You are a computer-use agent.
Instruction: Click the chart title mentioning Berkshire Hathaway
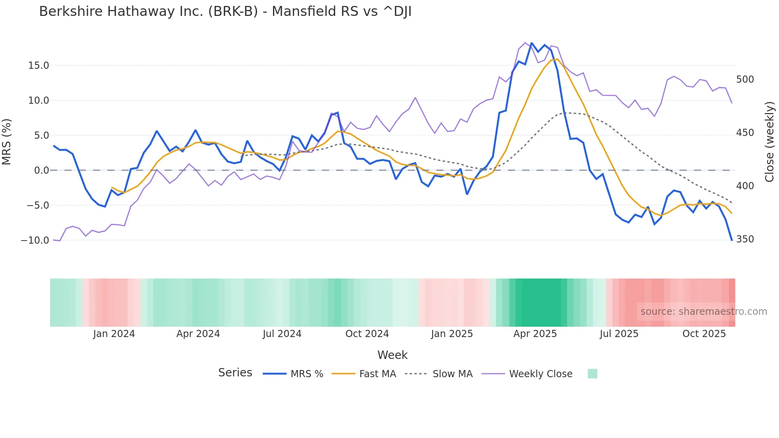(225, 12)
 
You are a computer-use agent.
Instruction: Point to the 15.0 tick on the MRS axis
(39, 66)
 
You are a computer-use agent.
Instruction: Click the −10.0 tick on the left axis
(35, 240)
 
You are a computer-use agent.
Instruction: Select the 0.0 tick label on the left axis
(41, 171)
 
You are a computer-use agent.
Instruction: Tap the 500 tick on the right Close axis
(745, 79)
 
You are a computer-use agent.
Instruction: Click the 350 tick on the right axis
(745, 239)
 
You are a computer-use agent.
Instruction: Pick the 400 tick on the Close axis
(745, 186)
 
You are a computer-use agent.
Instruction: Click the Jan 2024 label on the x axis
(114, 334)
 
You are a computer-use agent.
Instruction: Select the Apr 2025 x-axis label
(535, 334)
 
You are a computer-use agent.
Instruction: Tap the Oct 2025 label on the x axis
(704, 334)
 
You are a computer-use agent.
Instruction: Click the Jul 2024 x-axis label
(282, 334)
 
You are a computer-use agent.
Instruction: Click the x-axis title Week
(392, 355)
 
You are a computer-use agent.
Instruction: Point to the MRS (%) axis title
(7, 142)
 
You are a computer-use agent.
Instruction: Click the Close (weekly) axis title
(770, 142)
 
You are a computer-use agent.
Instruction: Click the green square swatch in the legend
(592, 374)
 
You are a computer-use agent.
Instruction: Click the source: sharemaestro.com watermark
(703, 312)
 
